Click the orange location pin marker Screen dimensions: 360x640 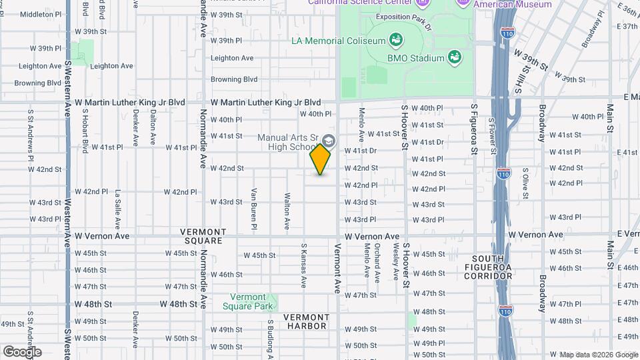pyautogui.click(x=320, y=160)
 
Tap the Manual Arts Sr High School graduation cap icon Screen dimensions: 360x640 pyautogui.click(x=329, y=140)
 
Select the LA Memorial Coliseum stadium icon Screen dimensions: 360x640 pyautogui.click(x=395, y=40)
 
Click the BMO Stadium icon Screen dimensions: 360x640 pyautogui.click(x=455, y=57)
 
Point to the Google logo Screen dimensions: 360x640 pyautogui.click(x=22, y=351)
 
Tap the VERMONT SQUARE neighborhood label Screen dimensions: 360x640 pyautogui.click(x=203, y=236)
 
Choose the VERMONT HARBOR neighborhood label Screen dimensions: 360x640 pyautogui.click(x=307, y=321)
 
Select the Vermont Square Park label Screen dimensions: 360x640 pyautogui.click(x=253, y=301)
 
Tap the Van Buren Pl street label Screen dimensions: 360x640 pyautogui.click(x=254, y=209)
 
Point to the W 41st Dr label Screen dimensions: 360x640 pyautogui.click(x=427, y=142)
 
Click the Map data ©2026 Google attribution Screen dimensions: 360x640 pyautogui.click(x=599, y=354)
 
